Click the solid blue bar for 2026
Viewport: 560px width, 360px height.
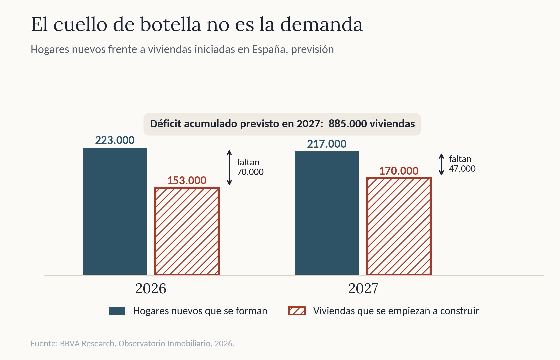tap(115, 211)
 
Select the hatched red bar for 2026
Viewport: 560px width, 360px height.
tap(187, 231)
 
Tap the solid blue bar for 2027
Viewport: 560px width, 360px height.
tap(327, 213)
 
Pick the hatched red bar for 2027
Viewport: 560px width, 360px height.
tap(399, 226)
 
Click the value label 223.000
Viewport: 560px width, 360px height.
tap(115, 140)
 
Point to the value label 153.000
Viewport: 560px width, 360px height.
tap(187, 181)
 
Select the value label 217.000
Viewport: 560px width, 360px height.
tap(327, 144)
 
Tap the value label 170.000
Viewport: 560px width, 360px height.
tap(399, 171)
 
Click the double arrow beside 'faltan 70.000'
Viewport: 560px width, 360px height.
tap(229, 167)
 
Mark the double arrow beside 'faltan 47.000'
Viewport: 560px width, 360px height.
tap(441, 164)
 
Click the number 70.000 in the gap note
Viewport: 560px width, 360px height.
tap(250, 172)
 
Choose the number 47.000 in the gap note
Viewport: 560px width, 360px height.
tap(462, 169)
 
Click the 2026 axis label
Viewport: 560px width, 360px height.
tap(151, 289)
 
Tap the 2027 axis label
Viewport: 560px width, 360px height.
tap(363, 289)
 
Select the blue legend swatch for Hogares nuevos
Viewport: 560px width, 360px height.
tap(117, 311)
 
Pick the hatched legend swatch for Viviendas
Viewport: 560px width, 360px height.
tap(297, 311)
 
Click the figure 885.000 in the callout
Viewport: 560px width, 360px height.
tap(348, 124)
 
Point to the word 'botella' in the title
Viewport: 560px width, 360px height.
tap(171, 25)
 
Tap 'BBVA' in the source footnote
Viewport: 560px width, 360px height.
tap(70, 343)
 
